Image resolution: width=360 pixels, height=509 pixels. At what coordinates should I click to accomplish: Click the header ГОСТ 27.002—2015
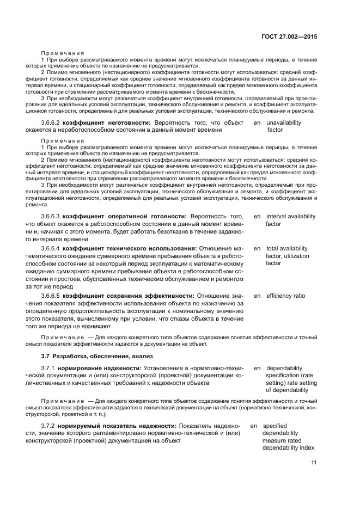coord(288,36)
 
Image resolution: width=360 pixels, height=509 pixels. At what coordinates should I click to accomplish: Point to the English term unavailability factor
coord(283,126)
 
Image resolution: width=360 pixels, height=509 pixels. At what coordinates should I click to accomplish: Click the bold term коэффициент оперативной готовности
coord(125,216)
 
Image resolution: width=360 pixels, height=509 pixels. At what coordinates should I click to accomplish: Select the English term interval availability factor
coord(290,220)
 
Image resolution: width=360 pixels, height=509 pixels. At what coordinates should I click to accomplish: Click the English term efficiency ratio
coord(285,296)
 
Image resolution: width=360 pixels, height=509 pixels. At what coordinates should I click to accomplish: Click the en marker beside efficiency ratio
coord(257,296)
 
